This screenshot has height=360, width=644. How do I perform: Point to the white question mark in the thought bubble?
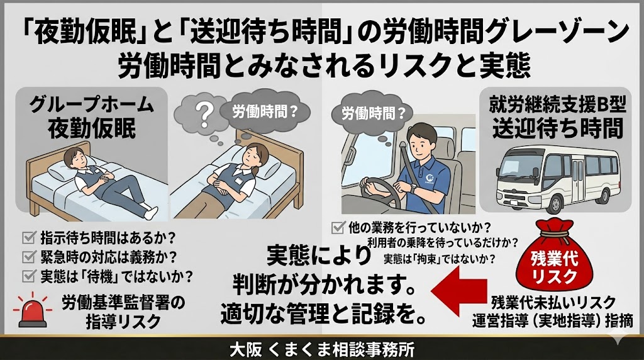click(204, 113)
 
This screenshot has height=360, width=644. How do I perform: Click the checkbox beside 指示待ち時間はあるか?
click(29, 237)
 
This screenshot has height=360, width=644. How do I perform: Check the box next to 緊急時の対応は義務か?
click(29, 257)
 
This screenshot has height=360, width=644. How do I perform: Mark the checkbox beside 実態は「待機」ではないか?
click(29, 276)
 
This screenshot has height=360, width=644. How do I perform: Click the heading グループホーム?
click(91, 105)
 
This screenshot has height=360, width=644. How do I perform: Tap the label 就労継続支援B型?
click(557, 105)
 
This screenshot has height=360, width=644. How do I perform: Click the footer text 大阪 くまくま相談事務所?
click(321, 350)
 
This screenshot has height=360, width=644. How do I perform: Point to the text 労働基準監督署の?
click(123, 303)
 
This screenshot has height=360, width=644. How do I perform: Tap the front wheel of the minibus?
click(555, 204)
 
